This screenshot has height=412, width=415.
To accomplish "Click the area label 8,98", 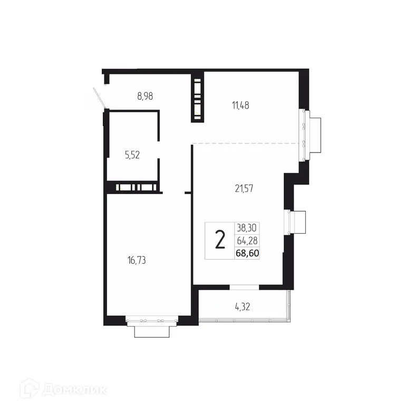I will (x=148, y=96).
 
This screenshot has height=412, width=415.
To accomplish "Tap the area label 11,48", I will (x=240, y=105).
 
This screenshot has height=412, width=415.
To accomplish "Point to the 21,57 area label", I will (x=245, y=188).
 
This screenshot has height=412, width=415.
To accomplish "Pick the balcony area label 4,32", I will (x=243, y=306).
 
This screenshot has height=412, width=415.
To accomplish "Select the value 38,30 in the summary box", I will (x=248, y=228).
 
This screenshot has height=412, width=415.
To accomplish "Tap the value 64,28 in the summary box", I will (x=248, y=241).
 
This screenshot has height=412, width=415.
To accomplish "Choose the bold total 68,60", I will (x=248, y=254).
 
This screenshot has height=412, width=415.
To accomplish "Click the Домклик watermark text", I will (x=74, y=390).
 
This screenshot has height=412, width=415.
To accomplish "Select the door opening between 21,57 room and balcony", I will (x=244, y=287).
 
